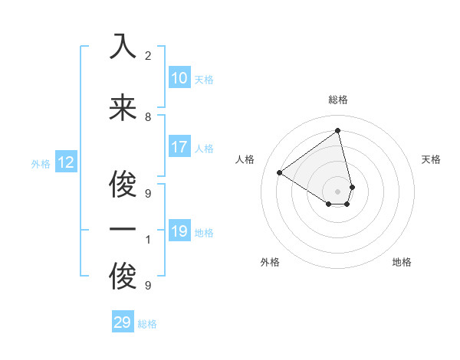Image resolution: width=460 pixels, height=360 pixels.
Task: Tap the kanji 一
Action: [x=123, y=230]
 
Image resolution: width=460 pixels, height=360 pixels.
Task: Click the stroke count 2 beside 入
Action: [x=148, y=55]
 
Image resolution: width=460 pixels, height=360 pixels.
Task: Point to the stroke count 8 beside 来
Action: [x=148, y=116]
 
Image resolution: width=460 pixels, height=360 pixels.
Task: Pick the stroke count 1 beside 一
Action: [x=148, y=240]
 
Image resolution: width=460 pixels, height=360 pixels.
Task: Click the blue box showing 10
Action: [x=179, y=78]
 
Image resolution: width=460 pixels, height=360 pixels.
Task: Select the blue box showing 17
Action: [x=179, y=147]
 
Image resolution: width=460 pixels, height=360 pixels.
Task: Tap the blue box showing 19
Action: [x=179, y=231]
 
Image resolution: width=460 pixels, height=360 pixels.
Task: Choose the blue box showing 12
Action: [x=65, y=162]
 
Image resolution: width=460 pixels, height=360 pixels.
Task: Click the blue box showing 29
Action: [x=123, y=322]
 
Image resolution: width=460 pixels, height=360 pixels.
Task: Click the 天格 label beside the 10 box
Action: [x=204, y=80]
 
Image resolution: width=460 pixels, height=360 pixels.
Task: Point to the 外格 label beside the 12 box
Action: [x=41, y=164]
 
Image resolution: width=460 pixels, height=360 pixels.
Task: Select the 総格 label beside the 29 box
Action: [x=147, y=324]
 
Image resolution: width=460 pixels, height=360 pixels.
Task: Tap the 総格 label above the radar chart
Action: [x=338, y=100]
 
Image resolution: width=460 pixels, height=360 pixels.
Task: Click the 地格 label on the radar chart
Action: [x=402, y=262]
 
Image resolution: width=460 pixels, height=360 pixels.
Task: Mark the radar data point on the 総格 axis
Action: [x=338, y=131]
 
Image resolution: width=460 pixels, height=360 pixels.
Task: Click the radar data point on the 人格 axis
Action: [x=280, y=172]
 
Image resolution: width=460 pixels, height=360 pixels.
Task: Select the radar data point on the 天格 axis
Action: [x=352, y=187]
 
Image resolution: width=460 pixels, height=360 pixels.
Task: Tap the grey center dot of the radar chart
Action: [x=338, y=191]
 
